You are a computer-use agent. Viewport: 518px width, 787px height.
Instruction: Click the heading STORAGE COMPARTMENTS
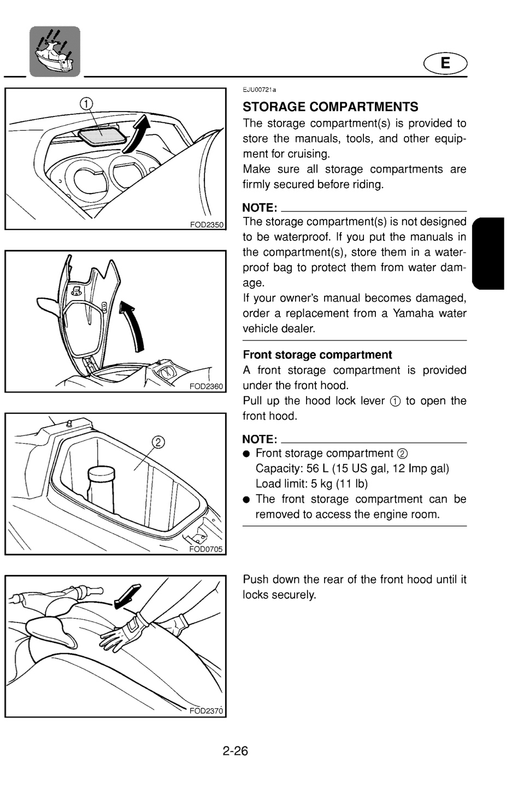330,107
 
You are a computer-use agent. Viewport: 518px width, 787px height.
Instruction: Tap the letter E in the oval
445,63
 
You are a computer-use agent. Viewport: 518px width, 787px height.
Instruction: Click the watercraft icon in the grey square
55,51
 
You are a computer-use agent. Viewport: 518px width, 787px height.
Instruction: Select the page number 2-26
236,751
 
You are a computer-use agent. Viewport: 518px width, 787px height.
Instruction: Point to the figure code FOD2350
207,225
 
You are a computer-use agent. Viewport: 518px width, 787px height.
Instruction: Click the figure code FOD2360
206,386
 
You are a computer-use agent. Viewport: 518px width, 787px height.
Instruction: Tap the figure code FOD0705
206,549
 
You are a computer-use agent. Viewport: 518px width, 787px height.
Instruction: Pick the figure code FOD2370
206,711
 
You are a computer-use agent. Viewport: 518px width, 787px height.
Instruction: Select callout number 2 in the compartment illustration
158,442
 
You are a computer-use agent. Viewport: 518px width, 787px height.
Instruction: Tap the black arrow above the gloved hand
127,596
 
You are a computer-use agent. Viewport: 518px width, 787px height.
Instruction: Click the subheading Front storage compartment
317,355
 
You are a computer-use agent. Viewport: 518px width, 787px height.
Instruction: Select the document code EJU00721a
259,90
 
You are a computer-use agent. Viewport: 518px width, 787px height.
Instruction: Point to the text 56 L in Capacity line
317,468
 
